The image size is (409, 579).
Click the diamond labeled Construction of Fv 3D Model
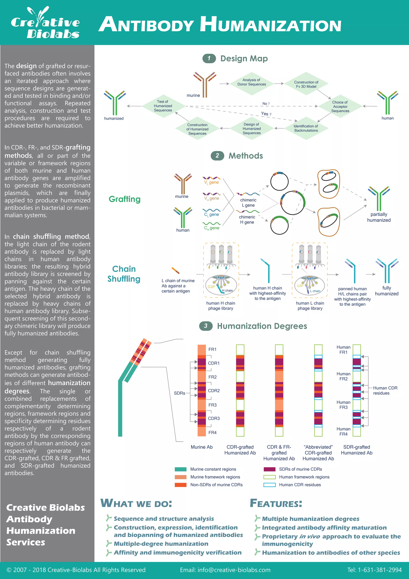(306, 84)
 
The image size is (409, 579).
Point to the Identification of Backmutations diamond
(306, 128)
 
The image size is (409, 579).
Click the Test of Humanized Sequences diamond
(163, 106)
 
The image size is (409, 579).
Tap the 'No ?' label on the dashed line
(266, 104)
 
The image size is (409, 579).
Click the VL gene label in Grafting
(211, 182)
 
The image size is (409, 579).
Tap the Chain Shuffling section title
(124, 274)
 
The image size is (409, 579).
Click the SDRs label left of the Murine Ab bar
(179, 393)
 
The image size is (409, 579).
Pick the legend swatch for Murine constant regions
(181, 469)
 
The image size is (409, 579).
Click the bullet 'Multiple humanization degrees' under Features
(310, 519)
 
